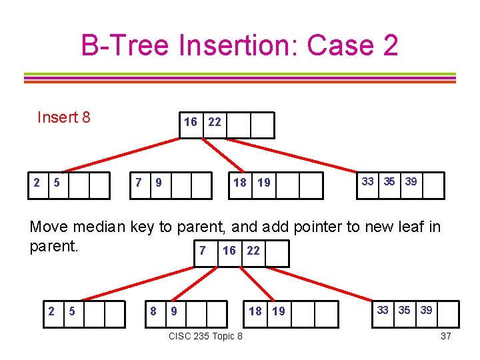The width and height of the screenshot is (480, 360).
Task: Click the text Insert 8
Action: point(64,118)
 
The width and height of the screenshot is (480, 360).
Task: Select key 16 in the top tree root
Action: point(191,122)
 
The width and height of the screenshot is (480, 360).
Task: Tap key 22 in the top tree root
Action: point(214,122)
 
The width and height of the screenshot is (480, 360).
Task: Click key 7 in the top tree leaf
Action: point(138,182)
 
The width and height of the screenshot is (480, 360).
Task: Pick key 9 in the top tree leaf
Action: point(158,183)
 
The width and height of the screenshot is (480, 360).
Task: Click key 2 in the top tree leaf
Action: point(37,182)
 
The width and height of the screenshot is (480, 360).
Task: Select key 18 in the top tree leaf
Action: point(239,183)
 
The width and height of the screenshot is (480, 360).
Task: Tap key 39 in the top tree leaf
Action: point(411,181)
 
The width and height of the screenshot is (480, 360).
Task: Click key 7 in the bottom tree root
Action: point(202,250)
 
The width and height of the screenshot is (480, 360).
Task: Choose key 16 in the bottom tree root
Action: point(229,251)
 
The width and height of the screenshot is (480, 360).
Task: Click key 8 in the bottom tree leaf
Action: point(153,310)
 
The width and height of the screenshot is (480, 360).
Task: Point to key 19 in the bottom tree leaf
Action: point(278,311)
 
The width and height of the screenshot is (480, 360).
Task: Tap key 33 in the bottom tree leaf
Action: point(383,309)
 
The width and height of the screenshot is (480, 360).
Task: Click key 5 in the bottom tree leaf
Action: point(72,310)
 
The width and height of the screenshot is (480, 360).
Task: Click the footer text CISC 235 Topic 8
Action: point(206,336)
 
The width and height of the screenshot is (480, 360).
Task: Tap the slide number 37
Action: point(446,336)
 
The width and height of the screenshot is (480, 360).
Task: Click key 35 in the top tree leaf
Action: point(389,181)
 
